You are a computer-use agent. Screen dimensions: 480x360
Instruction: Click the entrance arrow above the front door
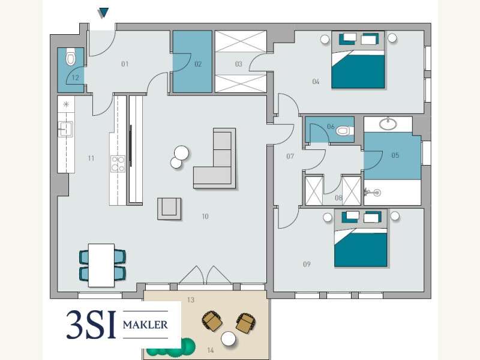pyautogui.click(x=103, y=13)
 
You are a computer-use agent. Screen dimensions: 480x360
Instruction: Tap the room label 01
pyautogui.click(x=125, y=64)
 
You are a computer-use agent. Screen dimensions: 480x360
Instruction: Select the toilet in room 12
pyautogui.click(x=71, y=57)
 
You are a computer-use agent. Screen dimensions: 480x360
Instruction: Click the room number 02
pyautogui.click(x=198, y=64)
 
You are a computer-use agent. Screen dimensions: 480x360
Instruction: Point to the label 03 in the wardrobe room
pyautogui.click(x=238, y=64)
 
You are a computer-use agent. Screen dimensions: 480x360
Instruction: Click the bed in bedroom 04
pyautogui.click(x=358, y=59)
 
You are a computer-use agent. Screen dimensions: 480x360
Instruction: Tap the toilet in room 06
pyautogui.click(x=345, y=131)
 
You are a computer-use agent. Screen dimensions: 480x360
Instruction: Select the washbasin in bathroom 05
pyautogui.click(x=388, y=124)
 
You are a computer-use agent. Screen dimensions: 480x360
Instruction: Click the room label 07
pyautogui.click(x=290, y=157)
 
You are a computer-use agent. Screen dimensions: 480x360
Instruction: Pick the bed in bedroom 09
pyautogui.click(x=361, y=238)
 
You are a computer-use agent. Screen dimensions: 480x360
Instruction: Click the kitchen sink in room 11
pyautogui.click(x=65, y=129)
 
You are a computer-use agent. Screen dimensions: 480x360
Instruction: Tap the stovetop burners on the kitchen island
pyautogui.click(x=118, y=164)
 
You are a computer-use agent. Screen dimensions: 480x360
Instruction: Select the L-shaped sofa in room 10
pyautogui.click(x=215, y=158)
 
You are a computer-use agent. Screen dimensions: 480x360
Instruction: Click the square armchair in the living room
pyautogui.click(x=169, y=209)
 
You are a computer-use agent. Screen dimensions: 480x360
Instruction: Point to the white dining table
pyautogui.click(x=101, y=265)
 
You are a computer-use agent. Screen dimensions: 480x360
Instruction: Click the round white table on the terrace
pyautogui.click(x=229, y=339)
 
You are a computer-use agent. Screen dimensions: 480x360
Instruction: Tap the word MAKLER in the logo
pyautogui.click(x=145, y=325)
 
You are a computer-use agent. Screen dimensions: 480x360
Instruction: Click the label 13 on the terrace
pyautogui.click(x=191, y=300)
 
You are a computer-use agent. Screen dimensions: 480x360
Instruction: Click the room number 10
pyautogui.click(x=205, y=217)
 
